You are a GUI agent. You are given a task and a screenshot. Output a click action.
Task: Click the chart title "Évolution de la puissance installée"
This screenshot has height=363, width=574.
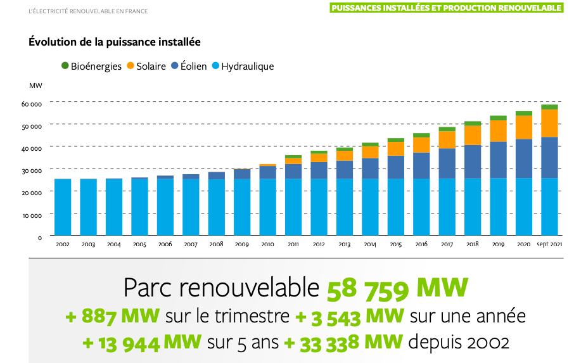tap(114, 42)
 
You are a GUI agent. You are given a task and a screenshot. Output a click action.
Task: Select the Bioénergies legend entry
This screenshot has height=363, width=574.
tap(91, 66)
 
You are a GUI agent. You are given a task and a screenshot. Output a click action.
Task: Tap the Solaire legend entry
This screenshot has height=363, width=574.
tap(146, 66)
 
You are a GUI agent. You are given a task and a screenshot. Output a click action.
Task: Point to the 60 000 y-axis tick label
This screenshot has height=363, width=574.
tap(31, 103)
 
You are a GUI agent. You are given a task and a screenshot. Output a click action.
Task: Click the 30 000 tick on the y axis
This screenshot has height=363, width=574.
tap(31, 170)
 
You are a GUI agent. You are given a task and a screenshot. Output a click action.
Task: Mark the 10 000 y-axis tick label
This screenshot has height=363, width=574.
tap(31, 215)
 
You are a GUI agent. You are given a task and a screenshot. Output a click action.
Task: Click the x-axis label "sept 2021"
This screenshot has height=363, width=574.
tap(549, 244)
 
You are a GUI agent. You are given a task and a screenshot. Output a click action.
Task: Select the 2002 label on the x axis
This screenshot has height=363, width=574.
tap(63, 244)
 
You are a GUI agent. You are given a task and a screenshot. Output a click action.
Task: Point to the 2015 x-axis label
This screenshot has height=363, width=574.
tap(395, 244)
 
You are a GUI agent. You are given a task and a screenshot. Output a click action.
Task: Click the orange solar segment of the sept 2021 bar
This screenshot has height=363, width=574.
tap(549, 123)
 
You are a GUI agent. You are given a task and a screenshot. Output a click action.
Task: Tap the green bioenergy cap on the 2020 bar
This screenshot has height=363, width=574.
tap(523, 113)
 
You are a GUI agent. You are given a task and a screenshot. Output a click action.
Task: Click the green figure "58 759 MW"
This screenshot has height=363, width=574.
tap(397, 289)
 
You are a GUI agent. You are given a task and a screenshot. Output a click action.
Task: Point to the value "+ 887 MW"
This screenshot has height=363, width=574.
tap(112, 315)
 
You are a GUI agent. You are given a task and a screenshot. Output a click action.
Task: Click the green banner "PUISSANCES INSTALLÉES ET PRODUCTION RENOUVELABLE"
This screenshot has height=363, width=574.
tap(446, 8)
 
